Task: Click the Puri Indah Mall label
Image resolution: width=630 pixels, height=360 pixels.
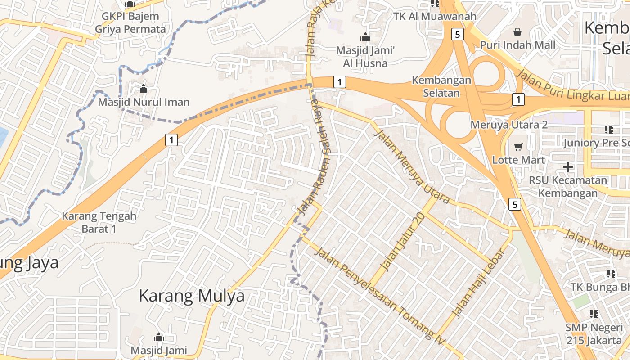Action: click(x=517, y=45)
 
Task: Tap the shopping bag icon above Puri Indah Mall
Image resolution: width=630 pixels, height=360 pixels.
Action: click(x=517, y=32)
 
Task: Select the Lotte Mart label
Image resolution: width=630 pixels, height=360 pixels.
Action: click(x=518, y=160)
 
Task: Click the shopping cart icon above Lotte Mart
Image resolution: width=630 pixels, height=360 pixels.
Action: click(x=518, y=147)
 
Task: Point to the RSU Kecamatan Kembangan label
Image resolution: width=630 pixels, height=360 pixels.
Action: click(x=568, y=187)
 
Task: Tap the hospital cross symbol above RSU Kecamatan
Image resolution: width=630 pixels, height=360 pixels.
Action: click(x=568, y=167)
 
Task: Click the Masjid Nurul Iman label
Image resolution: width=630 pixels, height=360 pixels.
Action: click(x=144, y=102)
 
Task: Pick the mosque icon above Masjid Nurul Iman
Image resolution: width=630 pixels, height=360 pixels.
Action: click(x=144, y=89)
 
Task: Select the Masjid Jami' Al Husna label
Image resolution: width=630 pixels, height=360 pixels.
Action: click(x=365, y=57)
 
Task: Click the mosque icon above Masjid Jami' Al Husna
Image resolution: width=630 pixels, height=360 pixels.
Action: click(x=365, y=37)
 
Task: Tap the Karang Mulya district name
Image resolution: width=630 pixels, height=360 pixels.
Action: click(x=192, y=296)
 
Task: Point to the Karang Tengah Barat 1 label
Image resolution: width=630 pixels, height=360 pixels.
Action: click(x=99, y=222)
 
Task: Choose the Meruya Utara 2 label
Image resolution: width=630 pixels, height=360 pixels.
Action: click(x=509, y=125)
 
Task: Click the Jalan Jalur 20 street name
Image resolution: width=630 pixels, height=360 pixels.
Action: click(x=403, y=242)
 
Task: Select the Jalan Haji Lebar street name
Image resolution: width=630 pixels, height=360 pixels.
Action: click(x=478, y=283)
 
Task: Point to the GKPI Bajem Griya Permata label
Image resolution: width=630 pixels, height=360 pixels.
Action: click(x=130, y=23)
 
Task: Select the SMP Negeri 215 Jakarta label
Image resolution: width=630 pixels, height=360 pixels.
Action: click(x=594, y=334)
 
